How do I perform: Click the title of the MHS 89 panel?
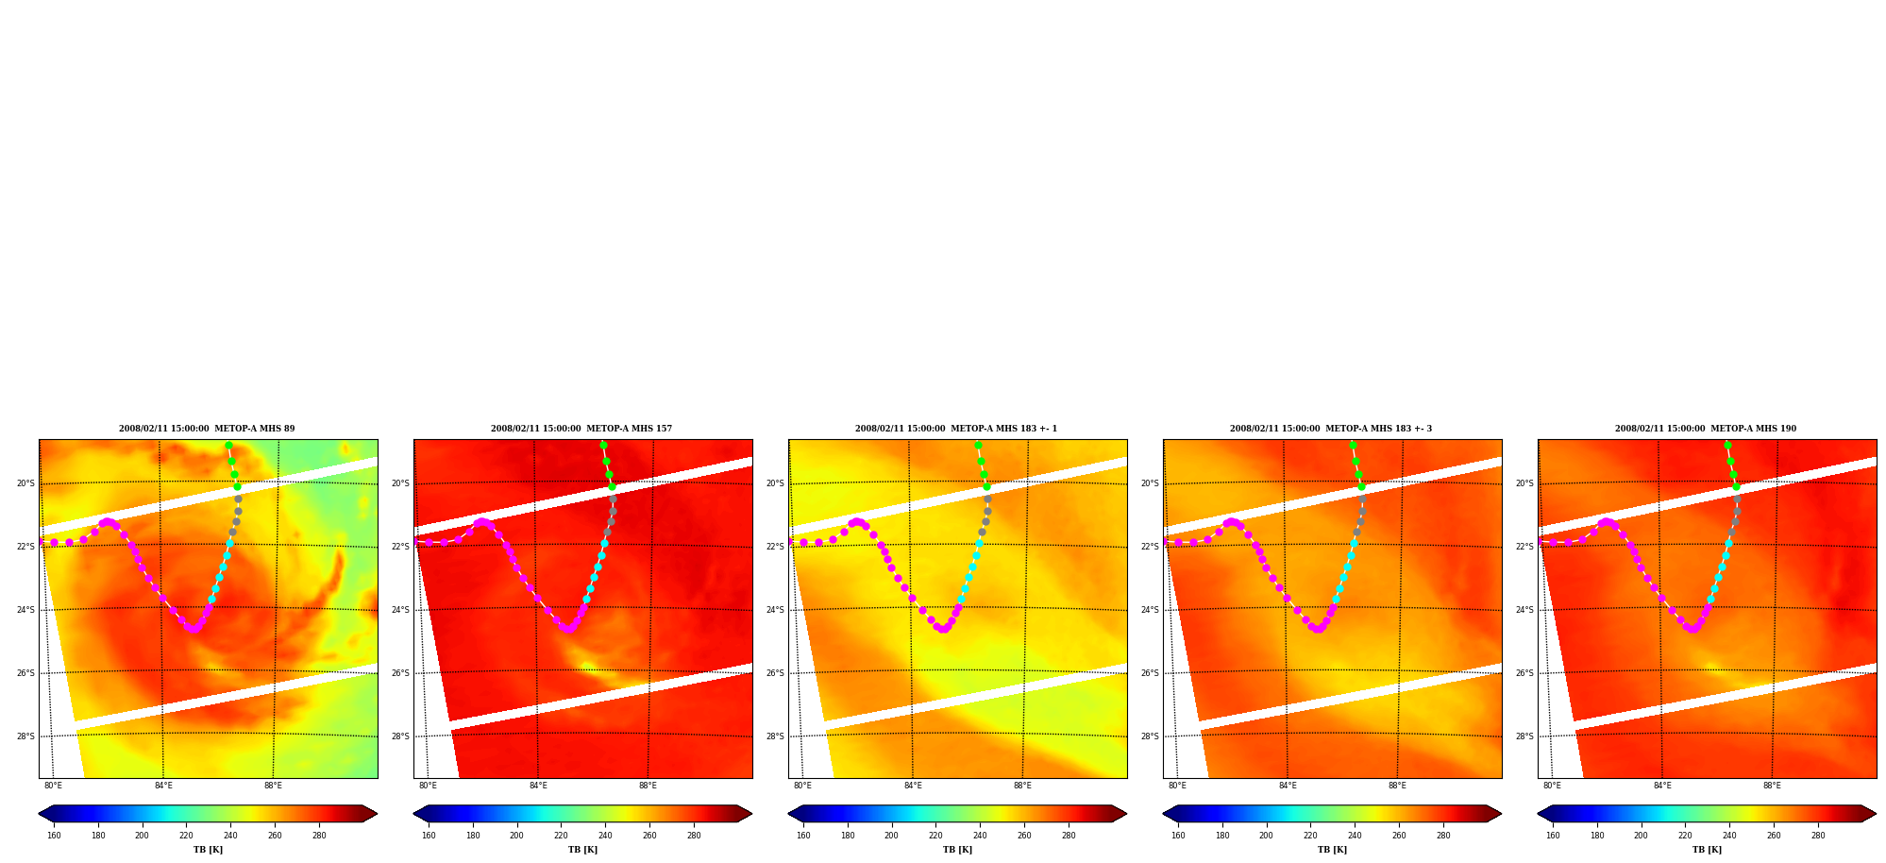click(207, 429)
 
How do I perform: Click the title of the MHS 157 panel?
click(581, 429)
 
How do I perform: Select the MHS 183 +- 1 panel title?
click(956, 429)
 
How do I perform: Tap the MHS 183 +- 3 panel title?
click(1331, 429)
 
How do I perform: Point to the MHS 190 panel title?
click(1706, 429)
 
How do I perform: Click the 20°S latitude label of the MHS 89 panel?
click(25, 483)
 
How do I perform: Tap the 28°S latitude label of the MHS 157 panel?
click(400, 736)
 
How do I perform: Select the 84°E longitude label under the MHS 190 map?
click(1662, 786)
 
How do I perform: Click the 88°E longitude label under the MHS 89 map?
click(273, 786)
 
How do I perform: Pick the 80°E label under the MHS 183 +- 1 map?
click(802, 786)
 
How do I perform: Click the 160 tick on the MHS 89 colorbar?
click(54, 836)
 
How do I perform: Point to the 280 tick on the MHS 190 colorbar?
click(1818, 836)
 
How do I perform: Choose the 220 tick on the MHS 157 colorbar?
click(561, 836)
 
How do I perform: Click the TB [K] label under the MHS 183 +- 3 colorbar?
click(1332, 850)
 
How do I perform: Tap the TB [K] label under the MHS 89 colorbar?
click(208, 850)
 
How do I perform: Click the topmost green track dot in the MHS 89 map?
click(228, 446)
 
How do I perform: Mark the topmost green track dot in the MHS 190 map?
click(1727, 446)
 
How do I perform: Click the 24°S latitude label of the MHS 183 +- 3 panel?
click(1150, 610)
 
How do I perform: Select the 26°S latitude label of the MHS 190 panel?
click(1524, 673)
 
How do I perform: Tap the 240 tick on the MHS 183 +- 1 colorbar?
click(980, 836)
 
